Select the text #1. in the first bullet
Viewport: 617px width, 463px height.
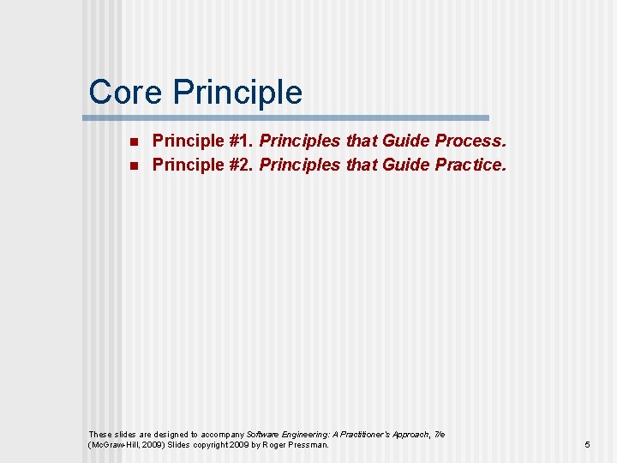[240, 141]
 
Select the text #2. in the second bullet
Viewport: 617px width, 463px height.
[240, 165]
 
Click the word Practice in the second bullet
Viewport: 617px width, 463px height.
[470, 165]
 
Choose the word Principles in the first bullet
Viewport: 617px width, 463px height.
[300, 141]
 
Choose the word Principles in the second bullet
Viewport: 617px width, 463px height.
[300, 165]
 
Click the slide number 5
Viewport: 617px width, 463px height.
[587, 445]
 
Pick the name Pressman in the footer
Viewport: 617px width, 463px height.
[309, 445]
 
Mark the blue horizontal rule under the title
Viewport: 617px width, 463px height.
[289, 117]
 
